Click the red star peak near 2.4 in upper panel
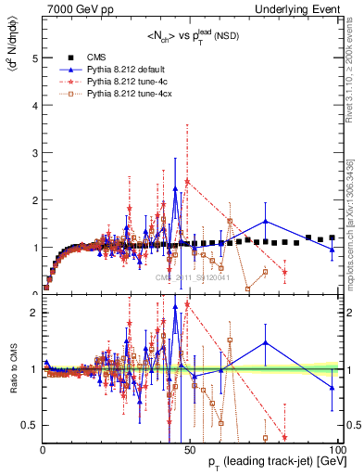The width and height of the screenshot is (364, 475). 187,181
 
